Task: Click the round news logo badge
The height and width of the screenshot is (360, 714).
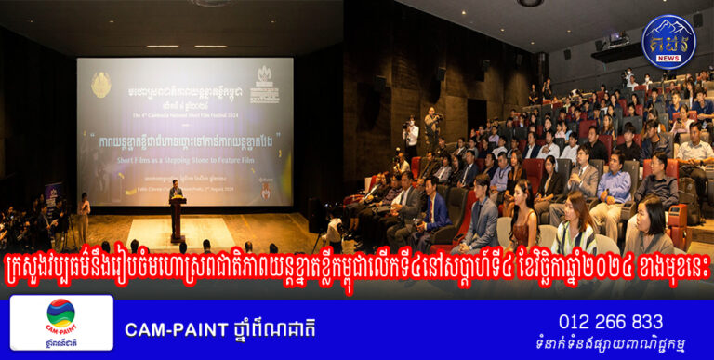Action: pyautogui.click(x=668, y=41)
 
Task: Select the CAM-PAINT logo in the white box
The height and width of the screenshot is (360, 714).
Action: pyautogui.click(x=61, y=321)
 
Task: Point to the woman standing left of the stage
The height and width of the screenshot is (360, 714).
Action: pyautogui.click(x=85, y=216)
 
